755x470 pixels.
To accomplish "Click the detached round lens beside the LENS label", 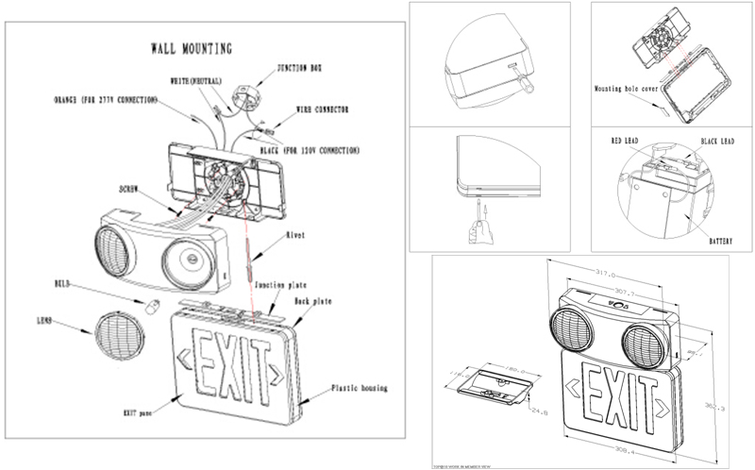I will tap(119, 334).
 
